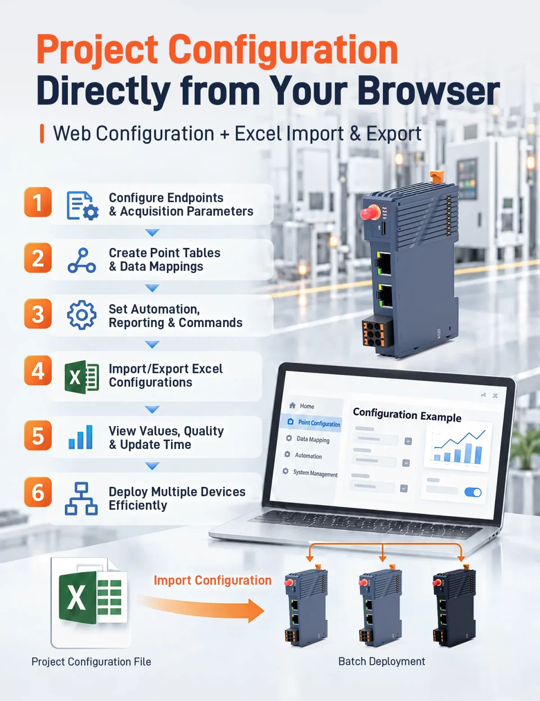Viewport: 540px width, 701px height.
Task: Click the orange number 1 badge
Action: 38,202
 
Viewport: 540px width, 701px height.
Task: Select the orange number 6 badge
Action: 38,492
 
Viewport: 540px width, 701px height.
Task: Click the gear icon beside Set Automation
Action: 81,315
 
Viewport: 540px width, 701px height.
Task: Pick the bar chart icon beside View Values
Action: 81,437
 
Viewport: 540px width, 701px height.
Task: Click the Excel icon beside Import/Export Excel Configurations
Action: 81,377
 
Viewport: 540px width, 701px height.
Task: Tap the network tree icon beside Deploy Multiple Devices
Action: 81,499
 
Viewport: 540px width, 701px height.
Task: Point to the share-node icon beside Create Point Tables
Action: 81,261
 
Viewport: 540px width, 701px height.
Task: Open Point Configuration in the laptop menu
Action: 319,423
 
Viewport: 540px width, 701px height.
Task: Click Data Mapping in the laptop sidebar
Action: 313,440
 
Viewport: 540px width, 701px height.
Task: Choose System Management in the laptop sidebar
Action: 315,473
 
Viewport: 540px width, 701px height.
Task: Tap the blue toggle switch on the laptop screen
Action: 473,492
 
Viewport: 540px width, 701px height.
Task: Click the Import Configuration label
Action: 212,580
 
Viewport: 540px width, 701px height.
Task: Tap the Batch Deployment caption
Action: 382,661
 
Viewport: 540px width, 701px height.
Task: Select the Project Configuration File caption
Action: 91,662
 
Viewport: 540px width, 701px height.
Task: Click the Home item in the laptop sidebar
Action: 307,406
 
